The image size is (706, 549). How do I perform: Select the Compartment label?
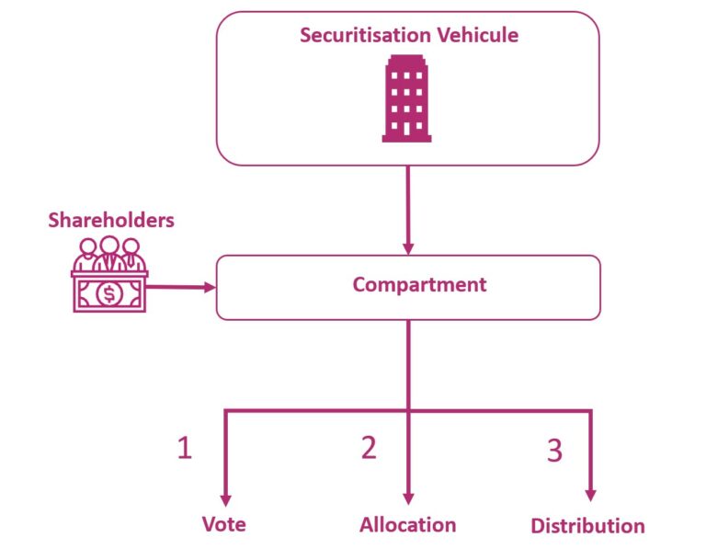(x=419, y=285)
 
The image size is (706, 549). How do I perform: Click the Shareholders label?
(x=111, y=221)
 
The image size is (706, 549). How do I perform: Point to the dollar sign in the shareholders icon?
(x=110, y=293)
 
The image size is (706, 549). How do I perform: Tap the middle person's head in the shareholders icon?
(x=110, y=246)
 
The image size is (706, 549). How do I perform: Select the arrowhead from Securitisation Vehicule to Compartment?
(x=407, y=247)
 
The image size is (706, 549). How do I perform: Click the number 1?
(x=185, y=448)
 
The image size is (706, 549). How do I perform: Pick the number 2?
(x=369, y=448)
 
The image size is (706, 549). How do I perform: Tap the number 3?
(x=553, y=451)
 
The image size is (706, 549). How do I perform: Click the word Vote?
(x=223, y=524)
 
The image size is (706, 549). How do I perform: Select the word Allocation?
(x=407, y=525)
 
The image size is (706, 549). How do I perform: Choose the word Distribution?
(x=587, y=527)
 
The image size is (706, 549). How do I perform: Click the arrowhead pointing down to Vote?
(x=223, y=495)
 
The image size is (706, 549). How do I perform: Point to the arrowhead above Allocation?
(x=407, y=495)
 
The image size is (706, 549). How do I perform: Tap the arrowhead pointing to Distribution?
(x=589, y=495)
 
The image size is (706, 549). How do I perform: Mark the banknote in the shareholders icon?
(x=110, y=293)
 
